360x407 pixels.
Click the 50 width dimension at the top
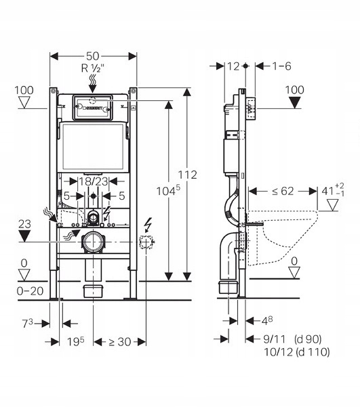pyautogui.click(x=93, y=56)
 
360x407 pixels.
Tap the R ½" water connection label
pyautogui.click(x=92, y=68)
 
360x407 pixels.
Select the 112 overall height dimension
pyautogui.click(x=187, y=175)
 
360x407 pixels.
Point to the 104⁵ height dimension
pyautogui.click(x=168, y=191)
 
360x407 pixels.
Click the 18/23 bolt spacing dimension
pyautogui.click(x=94, y=181)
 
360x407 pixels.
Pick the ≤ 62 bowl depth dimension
pyautogui.click(x=283, y=191)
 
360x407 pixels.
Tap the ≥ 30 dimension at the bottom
pyautogui.click(x=119, y=342)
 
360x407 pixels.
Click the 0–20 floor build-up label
pyautogui.click(x=30, y=291)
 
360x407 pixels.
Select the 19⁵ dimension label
pyautogui.click(x=76, y=341)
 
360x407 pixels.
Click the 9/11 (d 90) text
pyautogui.click(x=292, y=339)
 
